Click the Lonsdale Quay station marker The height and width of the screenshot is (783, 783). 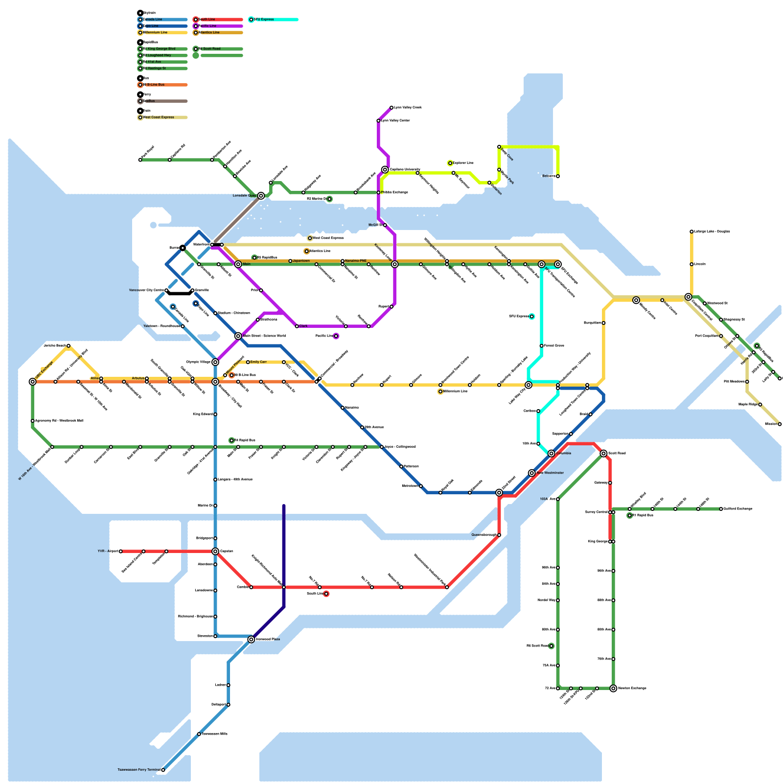tap(261, 196)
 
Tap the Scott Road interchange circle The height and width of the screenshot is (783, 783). tap(603, 454)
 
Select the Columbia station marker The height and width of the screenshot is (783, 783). tap(552, 454)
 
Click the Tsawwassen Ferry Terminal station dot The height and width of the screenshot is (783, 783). tap(163, 770)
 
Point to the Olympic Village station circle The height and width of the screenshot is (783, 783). tap(215, 362)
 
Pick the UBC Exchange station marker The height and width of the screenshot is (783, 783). tap(33, 382)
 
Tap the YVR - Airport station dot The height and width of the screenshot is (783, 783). tap(121, 552)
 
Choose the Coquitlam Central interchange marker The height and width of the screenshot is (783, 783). tap(689, 297)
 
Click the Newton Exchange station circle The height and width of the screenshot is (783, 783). tap(613, 689)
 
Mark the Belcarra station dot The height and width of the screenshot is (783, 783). tap(558, 176)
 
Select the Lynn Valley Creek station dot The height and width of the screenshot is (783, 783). tap(391, 108)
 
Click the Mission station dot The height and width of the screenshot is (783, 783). tap(780, 424)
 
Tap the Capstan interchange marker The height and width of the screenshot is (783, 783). tap(215, 552)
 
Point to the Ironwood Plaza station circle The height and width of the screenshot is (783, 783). tap(251, 640)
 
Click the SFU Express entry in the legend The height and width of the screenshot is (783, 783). tap(264, 20)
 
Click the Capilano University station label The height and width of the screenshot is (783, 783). tap(405, 170)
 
